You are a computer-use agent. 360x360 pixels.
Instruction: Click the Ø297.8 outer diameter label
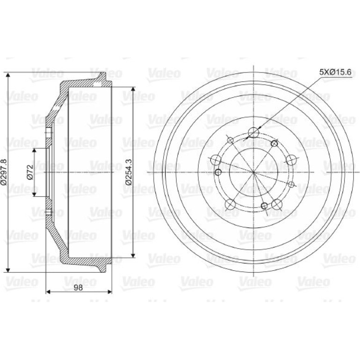(x=5, y=172)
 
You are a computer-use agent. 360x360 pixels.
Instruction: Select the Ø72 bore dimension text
(x=30, y=172)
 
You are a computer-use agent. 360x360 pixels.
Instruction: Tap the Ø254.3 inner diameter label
(x=129, y=172)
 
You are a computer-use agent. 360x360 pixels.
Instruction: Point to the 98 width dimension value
(x=78, y=288)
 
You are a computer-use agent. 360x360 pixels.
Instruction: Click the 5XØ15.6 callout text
(x=335, y=72)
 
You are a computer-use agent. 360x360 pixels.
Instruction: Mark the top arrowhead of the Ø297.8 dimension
(x=8, y=75)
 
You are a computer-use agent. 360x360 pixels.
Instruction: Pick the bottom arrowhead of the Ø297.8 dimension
(x=8, y=270)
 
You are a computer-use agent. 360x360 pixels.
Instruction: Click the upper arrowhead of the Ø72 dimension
(x=35, y=151)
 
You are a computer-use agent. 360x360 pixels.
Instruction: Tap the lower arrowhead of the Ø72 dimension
(x=35, y=194)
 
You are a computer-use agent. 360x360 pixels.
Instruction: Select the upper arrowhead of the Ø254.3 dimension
(x=133, y=90)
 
